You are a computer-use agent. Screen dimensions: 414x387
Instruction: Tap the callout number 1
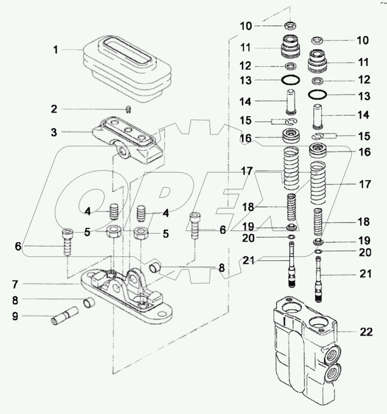click(56, 50)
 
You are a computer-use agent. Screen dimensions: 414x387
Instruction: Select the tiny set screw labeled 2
click(128, 110)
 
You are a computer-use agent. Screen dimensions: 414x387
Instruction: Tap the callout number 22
click(367, 332)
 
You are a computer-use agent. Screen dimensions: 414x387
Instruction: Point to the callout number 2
click(54, 109)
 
